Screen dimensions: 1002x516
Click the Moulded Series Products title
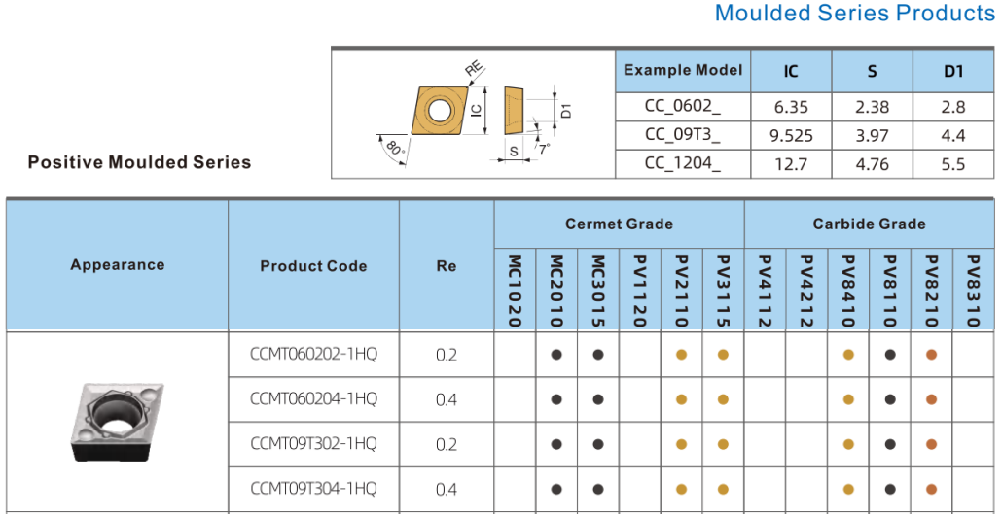click(x=855, y=13)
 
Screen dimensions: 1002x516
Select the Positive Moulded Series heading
click(x=139, y=162)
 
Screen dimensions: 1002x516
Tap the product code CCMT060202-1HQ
click(x=314, y=353)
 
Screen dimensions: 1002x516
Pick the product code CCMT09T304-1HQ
click(x=314, y=489)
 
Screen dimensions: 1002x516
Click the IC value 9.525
click(x=791, y=135)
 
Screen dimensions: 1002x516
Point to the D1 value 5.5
click(x=952, y=164)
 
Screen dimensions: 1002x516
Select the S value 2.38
click(x=872, y=107)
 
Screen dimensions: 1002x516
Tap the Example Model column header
click(x=683, y=70)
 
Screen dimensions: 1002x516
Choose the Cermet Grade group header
click(x=619, y=224)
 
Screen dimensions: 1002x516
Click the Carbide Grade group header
click(x=869, y=224)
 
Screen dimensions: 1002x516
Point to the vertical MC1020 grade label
click(x=515, y=291)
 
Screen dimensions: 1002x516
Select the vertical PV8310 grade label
click(x=973, y=291)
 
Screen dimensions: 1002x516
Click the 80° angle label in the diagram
click(x=396, y=151)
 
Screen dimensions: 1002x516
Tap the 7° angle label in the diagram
click(x=544, y=150)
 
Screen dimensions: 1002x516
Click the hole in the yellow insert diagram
click(x=439, y=111)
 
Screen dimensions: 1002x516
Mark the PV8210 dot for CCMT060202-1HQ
click(x=931, y=355)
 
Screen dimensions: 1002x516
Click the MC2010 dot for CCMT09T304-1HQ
click(x=556, y=489)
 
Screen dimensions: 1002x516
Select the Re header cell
click(x=447, y=266)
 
